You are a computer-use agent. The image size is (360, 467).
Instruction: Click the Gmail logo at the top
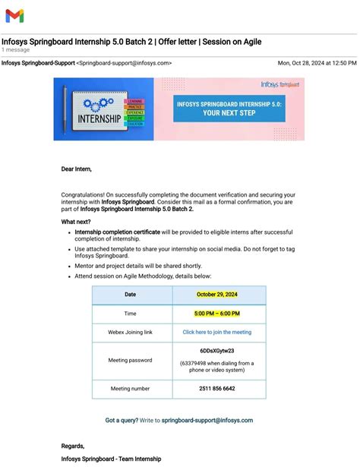tap(14, 15)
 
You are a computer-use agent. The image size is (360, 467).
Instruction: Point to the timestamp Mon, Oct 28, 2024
tap(317, 63)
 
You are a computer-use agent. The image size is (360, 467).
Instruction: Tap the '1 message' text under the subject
tap(16, 49)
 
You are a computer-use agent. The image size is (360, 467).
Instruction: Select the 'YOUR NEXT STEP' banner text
tap(229, 113)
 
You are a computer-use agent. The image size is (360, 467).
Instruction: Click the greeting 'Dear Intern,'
tap(76, 169)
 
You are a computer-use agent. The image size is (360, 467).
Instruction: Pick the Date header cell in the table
tap(131, 295)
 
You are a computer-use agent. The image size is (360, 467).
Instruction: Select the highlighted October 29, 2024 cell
tap(217, 295)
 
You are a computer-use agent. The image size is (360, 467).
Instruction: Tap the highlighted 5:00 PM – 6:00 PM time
tap(217, 314)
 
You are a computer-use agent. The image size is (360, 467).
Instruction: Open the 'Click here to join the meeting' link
tap(217, 332)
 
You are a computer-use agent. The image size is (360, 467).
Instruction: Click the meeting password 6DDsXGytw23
tap(217, 352)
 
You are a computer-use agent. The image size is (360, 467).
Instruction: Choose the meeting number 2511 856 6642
tap(217, 388)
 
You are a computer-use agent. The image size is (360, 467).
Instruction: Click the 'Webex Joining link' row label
tap(131, 332)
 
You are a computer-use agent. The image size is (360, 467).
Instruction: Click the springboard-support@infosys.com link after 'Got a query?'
tap(207, 420)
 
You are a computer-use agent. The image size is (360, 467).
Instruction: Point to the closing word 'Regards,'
tap(73, 446)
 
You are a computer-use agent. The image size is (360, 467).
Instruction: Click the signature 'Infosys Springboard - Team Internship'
tap(111, 459)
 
